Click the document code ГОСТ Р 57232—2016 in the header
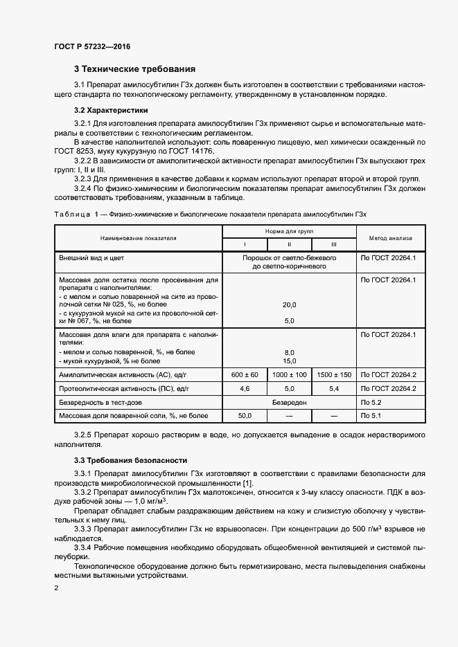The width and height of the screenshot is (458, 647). point(92,47)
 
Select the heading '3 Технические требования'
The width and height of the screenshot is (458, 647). point(134,69)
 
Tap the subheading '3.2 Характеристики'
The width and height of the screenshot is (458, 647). point(110,110)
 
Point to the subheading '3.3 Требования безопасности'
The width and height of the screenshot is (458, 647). point(130,460)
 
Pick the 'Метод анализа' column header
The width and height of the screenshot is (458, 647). point(385,237)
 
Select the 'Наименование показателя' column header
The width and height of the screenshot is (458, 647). point(138,237)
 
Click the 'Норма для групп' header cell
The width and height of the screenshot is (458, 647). point(289,231)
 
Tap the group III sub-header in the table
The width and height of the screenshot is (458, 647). point(334,244)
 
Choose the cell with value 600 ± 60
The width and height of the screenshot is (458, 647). point(245,374)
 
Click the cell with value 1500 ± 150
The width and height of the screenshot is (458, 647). point(334,374)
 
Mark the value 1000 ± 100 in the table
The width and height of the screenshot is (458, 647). point(290,374)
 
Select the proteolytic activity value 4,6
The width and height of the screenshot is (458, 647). point(245,389)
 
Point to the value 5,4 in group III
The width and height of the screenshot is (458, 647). point(334,389)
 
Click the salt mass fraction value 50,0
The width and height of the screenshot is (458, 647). point(245,416)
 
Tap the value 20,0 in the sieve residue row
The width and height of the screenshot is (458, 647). point(290,304)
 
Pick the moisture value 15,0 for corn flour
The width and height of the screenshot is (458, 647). point(290,361)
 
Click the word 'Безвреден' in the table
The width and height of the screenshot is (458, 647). point(289,402)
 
